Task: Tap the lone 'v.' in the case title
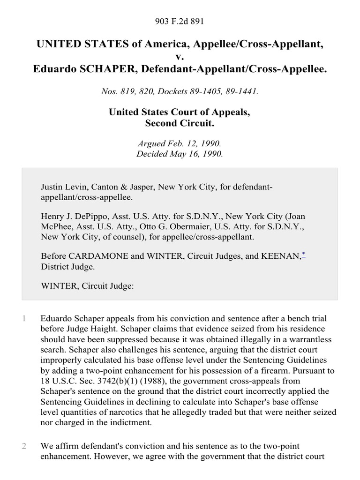(180, 57)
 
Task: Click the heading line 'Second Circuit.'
(180, 124)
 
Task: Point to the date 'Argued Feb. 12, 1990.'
(180, 144)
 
